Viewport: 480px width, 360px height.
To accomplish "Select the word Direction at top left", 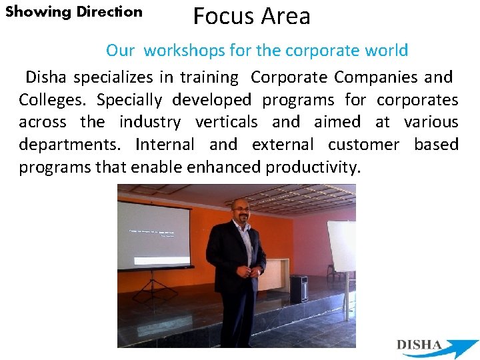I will [109, 11].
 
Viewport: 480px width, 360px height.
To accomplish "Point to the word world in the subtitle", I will [387, 51].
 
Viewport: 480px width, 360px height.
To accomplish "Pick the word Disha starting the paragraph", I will [46, 78].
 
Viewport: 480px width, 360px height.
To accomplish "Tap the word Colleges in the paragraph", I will [53, 100].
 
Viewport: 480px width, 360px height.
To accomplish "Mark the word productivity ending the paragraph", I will [313, 167].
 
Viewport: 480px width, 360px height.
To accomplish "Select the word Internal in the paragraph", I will [165, 145].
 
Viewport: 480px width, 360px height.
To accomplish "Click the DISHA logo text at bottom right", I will [419, 345].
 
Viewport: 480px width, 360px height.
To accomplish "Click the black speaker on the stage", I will [299, 288].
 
